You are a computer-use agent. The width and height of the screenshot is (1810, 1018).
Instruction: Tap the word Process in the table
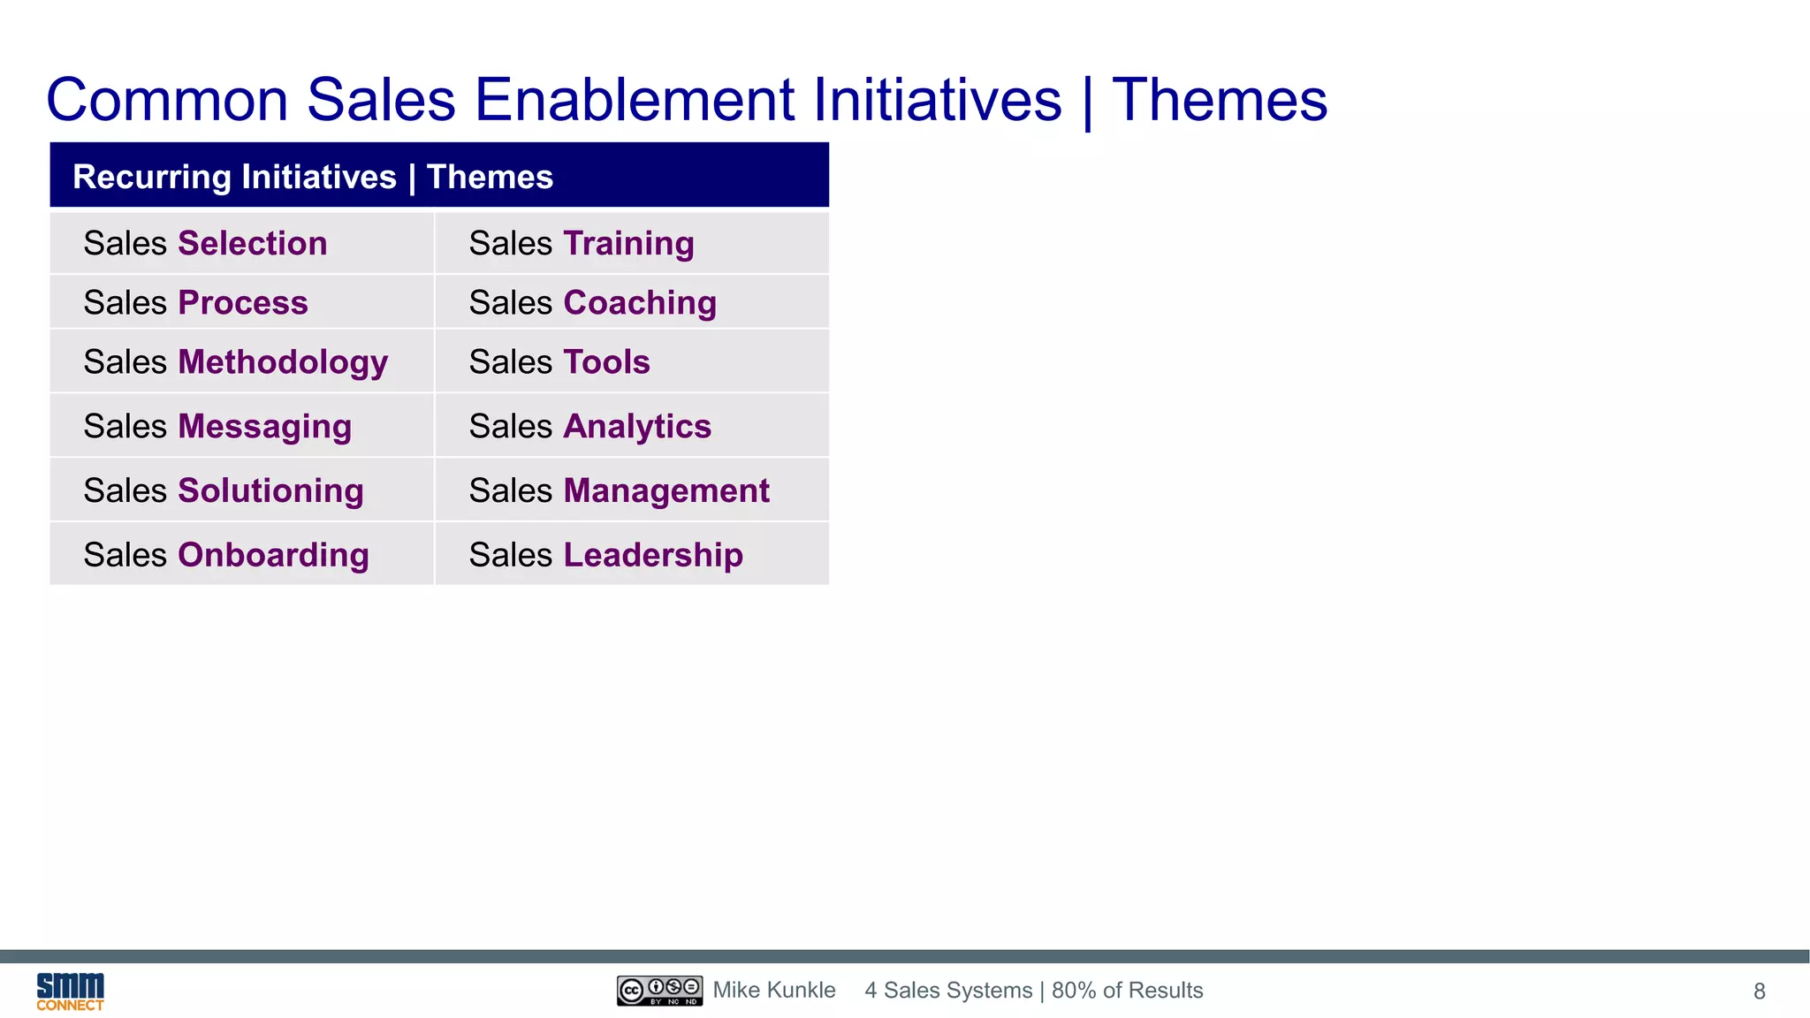point(243,302)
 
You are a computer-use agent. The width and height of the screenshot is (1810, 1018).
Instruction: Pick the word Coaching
point(640,302)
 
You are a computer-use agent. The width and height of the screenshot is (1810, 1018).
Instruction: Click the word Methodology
point(283,362)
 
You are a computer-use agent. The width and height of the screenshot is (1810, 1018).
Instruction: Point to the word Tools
point(606,362)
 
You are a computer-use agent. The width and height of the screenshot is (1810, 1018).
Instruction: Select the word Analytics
point(637,426)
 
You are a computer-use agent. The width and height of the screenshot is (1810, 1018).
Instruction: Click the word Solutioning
point(270,490)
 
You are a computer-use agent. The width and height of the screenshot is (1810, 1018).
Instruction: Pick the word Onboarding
point(273,555)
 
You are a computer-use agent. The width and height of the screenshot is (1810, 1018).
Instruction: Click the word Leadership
point(653,555)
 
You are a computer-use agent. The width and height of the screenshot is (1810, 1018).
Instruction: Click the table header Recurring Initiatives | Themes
point(313,177)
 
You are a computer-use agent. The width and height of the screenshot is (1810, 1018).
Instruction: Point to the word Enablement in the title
point(635,99)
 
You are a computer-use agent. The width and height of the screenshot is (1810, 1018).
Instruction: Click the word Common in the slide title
point(167,99)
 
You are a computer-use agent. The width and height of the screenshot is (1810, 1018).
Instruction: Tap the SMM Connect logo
point(70,991)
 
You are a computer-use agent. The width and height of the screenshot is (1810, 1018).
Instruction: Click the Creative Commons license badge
point(659,991)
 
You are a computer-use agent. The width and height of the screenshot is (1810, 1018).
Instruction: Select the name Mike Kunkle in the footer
point(774,991)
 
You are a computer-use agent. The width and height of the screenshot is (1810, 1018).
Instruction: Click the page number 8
point(1759,991)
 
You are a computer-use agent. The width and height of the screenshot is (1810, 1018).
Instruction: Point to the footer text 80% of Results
point(1127,991)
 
